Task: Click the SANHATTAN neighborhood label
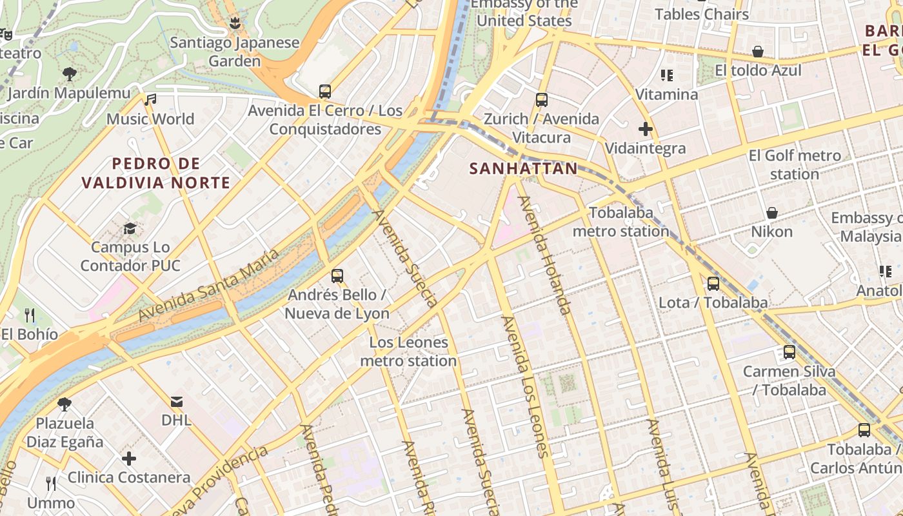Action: coord(523,169)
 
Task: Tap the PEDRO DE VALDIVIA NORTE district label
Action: coord(155,173)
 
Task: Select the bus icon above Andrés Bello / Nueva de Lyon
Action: coord(337,276)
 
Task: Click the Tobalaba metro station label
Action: coord(620,221)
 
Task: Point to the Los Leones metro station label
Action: coord(408,352)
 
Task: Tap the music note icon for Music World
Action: coord(150,100)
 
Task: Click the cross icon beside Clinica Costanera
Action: coord(129,459)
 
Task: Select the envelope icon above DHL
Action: coord(176,402)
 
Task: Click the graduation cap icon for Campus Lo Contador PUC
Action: coord(130,228)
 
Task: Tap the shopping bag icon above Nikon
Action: coord(771,212)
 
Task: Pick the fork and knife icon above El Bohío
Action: coord(30,315)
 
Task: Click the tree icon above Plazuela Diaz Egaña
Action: coord(64,404)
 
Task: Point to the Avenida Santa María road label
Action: coord(209,285)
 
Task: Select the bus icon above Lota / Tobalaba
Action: coord(713,283)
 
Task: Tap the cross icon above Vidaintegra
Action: coord(645,129)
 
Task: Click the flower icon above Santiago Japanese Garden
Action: coord(235,25)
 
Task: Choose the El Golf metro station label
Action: coord(795,164)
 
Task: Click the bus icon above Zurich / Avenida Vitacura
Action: coord(541,100)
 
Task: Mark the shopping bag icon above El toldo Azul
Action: coord(758,52)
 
